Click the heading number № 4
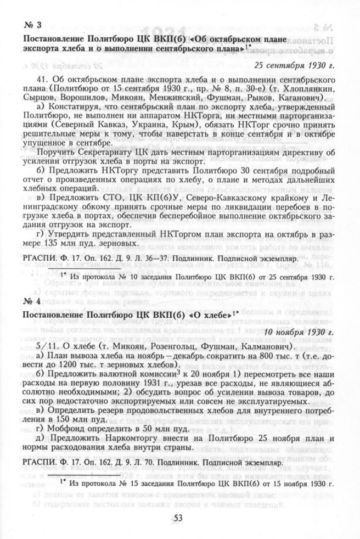34,301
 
